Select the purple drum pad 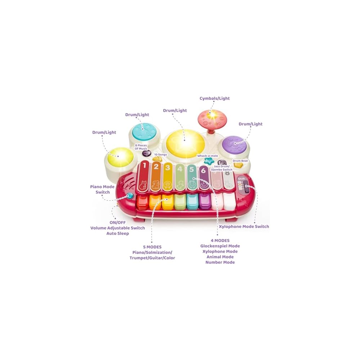point(235,145)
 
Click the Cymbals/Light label point(215,98)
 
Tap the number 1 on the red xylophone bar point(144,167)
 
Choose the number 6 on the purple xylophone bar point(203,170)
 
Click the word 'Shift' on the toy point(241,178)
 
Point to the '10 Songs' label point(160,154)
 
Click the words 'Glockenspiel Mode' point(220,246)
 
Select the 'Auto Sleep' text point(117,233)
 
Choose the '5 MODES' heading point(152,247)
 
